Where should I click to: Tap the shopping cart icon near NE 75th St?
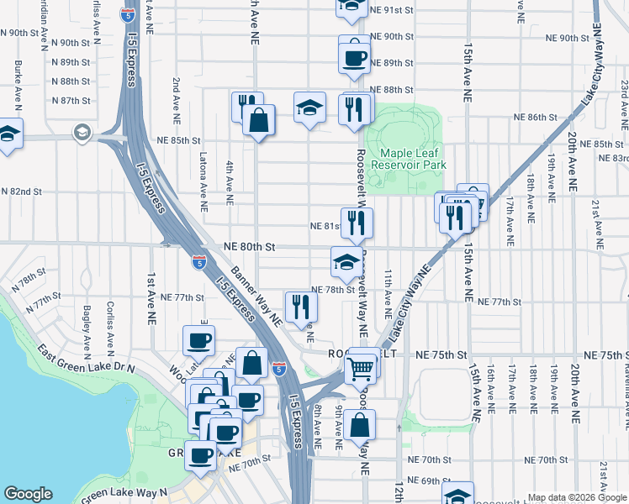point(360,366)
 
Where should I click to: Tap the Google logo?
point(28,495)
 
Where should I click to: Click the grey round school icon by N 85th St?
point(82,132)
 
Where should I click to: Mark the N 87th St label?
point(70,101)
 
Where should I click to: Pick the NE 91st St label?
point(392,10)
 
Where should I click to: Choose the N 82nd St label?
point(21,192)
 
